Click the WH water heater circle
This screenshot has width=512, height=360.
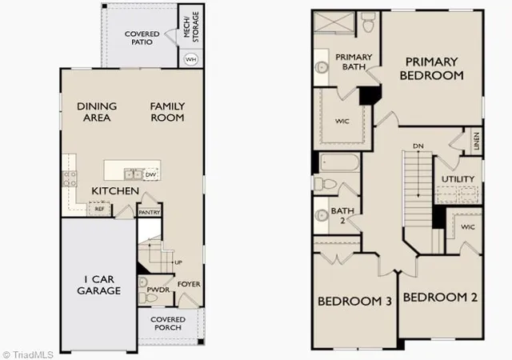coord(191,59)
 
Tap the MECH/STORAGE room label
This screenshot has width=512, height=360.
coord(191,26)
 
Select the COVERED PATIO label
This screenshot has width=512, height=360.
coord(142,38)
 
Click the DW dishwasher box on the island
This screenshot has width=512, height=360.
coord(150,174)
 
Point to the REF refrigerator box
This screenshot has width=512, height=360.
coord(99,209)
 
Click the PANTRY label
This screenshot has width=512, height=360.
coord(150,213)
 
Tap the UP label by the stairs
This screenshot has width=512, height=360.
coord(178,262)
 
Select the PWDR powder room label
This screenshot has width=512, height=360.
coord(158,290)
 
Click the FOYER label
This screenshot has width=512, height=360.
coord(189,284)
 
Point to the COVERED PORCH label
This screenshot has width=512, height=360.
coord(168,323)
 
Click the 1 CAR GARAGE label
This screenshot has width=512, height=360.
coord(99,285)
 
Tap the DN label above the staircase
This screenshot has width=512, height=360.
coord(418,146)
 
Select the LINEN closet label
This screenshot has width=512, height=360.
coord(477,141)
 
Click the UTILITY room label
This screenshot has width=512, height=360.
coord(458,179)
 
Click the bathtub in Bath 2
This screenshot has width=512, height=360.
coord(339,162)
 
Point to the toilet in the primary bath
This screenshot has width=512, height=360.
coord(368,22)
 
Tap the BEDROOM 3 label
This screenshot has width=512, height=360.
coord(354,301)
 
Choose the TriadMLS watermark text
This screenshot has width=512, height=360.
coord(28,354)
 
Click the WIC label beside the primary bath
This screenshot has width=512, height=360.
coord(342,121)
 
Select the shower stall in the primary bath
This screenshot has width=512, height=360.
coord(334,22)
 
